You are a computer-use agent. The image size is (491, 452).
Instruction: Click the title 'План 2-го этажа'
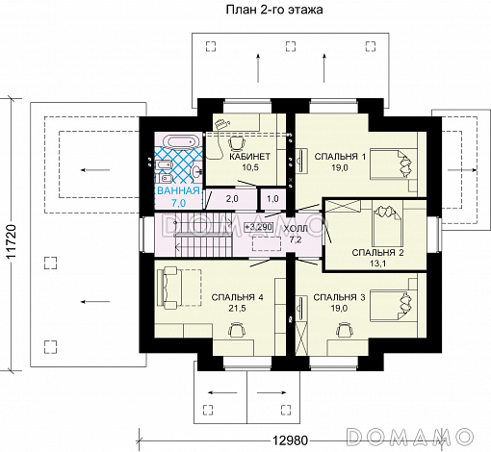coord(274,10)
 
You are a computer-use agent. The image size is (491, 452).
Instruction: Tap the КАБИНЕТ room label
coord(250,157)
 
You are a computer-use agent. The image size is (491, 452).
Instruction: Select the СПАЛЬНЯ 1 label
coord(340,157)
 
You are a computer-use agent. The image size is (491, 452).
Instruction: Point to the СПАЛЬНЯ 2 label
coord(377,253)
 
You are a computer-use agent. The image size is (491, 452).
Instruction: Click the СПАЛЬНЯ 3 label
coord(339,297)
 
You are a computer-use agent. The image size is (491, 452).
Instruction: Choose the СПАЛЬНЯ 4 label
coord(238,297)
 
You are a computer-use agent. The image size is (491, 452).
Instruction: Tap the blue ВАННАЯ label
coord(178,191)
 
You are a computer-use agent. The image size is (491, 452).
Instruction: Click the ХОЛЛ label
coord(296,229)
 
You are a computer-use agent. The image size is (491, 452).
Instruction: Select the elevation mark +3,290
coord(259,227)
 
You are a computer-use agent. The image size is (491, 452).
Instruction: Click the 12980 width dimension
coord(290,440)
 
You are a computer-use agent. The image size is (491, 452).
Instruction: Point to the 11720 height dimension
coord(11,242)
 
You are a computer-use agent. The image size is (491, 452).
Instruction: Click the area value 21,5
coord(238,309)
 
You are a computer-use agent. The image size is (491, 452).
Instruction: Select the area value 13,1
coord(377,264)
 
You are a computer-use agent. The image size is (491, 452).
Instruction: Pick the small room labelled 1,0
coord(272,199)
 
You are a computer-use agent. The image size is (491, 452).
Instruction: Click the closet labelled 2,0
coord(232,199)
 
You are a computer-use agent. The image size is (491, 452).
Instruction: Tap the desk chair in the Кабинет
coord(238,143)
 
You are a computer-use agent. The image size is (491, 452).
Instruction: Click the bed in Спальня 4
coord(179,288)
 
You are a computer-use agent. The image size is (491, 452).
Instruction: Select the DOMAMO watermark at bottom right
coord(410,436)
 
